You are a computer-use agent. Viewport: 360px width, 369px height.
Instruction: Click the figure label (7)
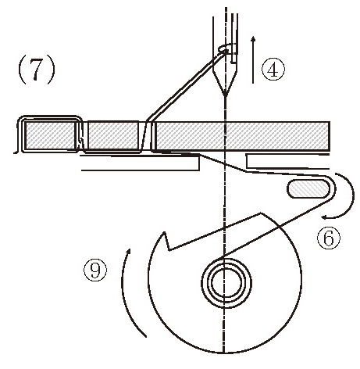pyautogui.click(x=37, y=70)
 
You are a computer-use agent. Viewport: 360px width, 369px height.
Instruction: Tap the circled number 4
pyautogui.click(x=273, y=70)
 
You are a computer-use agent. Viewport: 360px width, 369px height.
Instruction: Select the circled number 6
pyautogui.click(x=329, y=238)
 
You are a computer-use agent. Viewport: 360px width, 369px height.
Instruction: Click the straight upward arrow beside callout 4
pyautogui.click(x=253, y=60)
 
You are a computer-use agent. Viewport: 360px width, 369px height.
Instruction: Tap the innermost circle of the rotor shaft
pyautogui.click(x=224, y=283)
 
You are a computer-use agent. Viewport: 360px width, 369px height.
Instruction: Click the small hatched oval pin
pyautogui.click(x=308, y=188)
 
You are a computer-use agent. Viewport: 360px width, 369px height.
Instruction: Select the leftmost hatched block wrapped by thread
pyautogui.click(x=50, y=135)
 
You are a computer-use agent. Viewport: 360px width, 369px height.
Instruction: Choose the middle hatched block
pyautogui.click(x=113, y=135)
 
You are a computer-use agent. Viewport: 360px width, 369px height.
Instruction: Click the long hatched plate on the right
pyautogui.click(x=243, y=136)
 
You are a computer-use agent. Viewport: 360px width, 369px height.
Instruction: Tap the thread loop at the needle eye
pyautogui.click(x=224, y=48)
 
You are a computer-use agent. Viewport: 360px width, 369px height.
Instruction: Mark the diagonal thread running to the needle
pyautogui.click(x=186, y=86)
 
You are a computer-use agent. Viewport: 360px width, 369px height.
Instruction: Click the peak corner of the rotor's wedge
pyautogui.click(x=261, y=213)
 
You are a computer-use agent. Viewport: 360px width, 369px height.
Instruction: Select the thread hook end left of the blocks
pyautogui.click(x=16, y=151)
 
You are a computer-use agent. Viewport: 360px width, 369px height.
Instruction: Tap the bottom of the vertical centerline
pyautogui.click(x=224, y=353)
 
